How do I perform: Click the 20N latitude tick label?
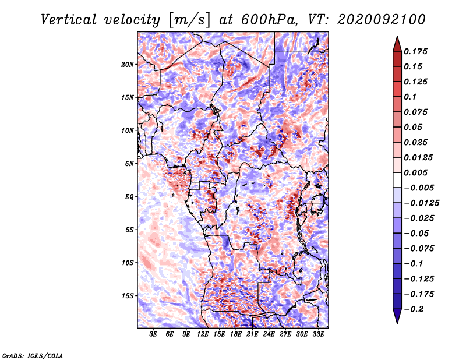coord(127,65)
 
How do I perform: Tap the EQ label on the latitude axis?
coord(129,197)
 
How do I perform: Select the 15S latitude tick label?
coord(127,296)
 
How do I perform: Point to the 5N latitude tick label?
coord(129,164)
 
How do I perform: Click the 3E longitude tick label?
coord(153,334)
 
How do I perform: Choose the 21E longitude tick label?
coord(252,334)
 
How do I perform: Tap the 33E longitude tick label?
coord(318,334)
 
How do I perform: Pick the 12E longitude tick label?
coord(202,334)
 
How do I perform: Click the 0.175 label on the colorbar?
coord(415,51)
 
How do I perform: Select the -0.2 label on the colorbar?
coord(414,309)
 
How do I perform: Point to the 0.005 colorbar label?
coord(415,172)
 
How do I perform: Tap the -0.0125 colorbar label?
coord(421,203)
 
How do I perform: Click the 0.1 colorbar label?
coord(410,97)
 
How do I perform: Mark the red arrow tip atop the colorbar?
coord(397,36)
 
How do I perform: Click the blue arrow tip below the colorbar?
coord(397,323)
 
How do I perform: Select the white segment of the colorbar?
coord(397,180)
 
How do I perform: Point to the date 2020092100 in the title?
coord(382,20)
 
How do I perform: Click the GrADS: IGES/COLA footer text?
coord(33,355)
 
